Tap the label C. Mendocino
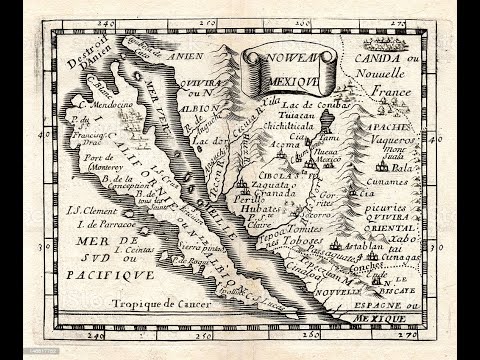(102, 102)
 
